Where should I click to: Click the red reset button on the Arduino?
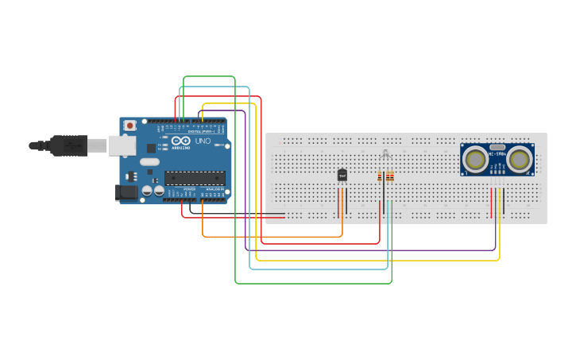tap(130, 126)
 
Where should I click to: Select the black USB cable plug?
tap(68, 145)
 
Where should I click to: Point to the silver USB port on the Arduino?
tap(121, 145)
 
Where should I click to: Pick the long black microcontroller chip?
tap(195, 177)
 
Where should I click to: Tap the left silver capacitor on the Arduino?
tap(147, 191)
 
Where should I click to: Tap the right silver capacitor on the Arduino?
tap(160, 191)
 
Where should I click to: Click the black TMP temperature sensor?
tap(342, 175)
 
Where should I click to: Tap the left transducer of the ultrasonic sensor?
tap(476, 159)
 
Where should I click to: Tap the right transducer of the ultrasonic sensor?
tap(519, 159)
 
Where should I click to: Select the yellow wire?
tap(373, 260)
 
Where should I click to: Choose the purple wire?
tap(373, 250)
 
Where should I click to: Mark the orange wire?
tap(270, 236)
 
